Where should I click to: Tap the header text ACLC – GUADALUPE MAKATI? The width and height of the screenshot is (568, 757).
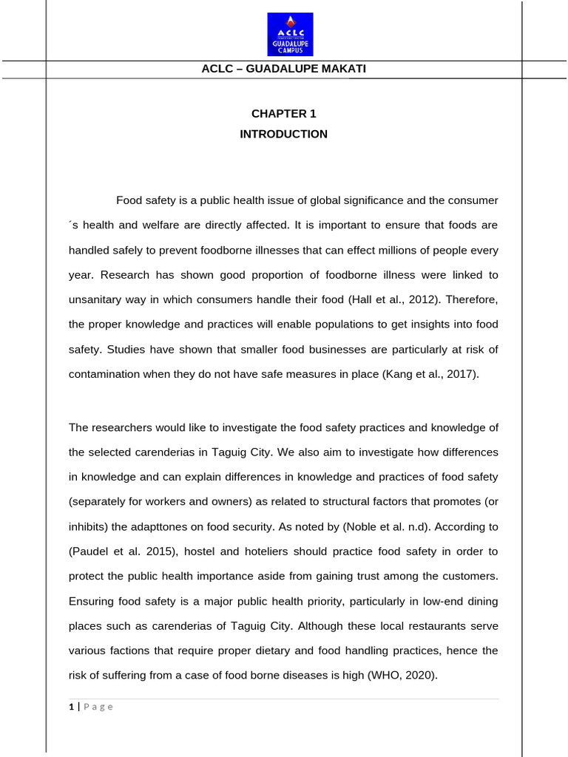(284, 69)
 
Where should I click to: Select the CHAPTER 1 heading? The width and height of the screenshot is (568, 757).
(283, 114)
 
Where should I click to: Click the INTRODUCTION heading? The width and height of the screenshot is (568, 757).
(283, 135)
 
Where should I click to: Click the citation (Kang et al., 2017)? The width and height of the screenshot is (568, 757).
(430, 374)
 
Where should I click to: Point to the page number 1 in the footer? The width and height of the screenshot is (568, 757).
(71, 707)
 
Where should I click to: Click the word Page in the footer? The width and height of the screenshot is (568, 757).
(98, 707)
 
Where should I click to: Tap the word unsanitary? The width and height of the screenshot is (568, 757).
(95, 300)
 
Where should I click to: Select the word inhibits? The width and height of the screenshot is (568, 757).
(89, 526)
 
